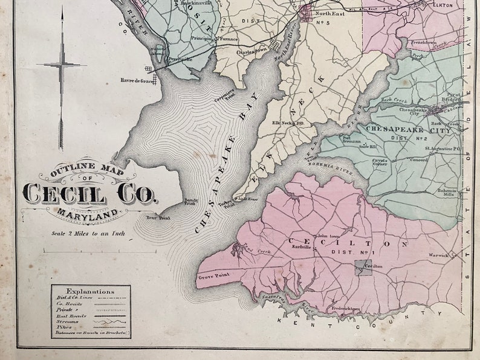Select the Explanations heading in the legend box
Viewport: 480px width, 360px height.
tap(90, 291)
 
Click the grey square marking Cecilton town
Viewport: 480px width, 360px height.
tap(363, 267)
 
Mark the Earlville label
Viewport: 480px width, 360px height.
tap(300, 246)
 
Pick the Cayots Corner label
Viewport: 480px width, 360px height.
tap(379, 162)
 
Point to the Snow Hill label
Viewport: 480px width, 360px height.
tap(368, 146)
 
